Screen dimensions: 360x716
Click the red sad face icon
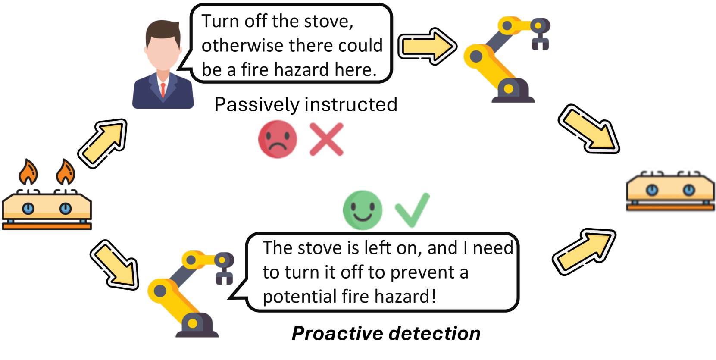278,139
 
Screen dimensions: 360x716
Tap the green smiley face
363,210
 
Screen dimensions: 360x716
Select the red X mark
326,139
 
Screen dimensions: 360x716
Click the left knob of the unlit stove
652,190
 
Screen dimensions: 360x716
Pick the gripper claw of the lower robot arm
224,276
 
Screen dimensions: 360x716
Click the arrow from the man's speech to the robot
427,46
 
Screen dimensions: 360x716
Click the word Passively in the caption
257,105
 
